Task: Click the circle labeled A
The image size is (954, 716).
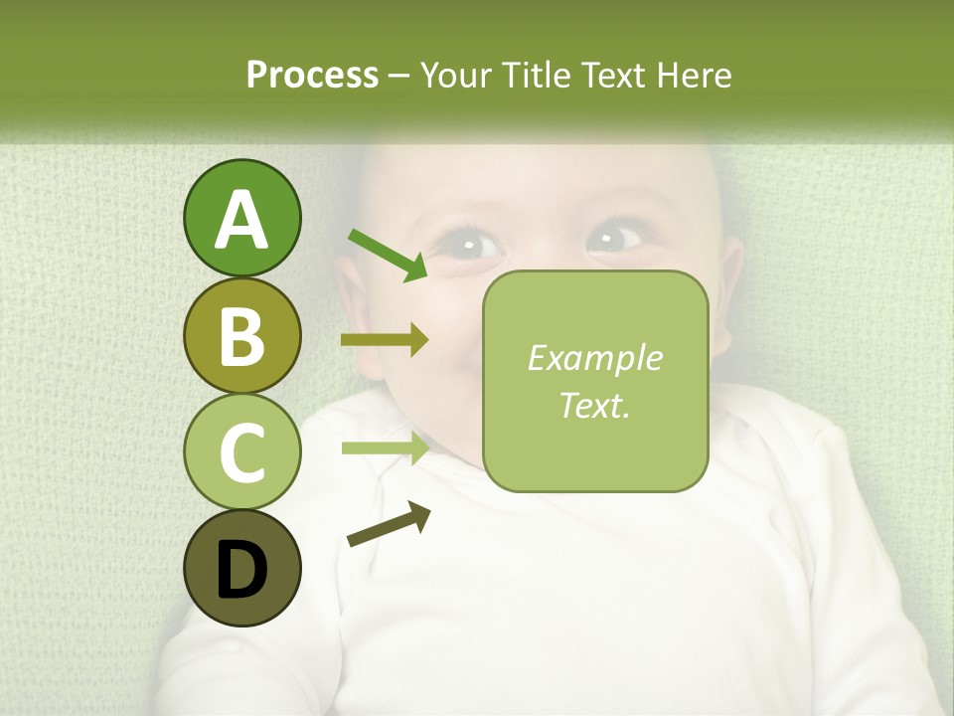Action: pyautogui.click(x=241, y=219)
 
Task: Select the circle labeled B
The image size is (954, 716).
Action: pyautogui.click(x=241, y=336)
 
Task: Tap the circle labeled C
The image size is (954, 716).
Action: pyautogui.click(x=241, y=452)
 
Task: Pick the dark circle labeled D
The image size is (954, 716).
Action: pyautogui.click(x=241, y=569)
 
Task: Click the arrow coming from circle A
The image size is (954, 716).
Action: pyautogui.click(x=387, y=254)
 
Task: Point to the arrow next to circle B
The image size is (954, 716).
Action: pyautogui.click(x=384, y=340)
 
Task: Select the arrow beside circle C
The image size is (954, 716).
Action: pyautogui.click(x=384, y=447)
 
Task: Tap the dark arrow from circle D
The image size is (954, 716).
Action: pyautogui.click(x=389, y=525)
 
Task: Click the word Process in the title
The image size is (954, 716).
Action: pyautogui.click(x=312, y=75)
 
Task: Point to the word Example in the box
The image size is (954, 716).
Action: pyautogui.click(x=594, y=358)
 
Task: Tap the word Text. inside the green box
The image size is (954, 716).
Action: pyautogui.click(x=594, y=405)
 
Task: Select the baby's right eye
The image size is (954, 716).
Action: pyautogui.click(x=614, y=239)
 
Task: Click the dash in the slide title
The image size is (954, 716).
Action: pyautogui.click(x=399, y=76)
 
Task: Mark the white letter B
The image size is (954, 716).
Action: pyautogui.click(x=241, y=336)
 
